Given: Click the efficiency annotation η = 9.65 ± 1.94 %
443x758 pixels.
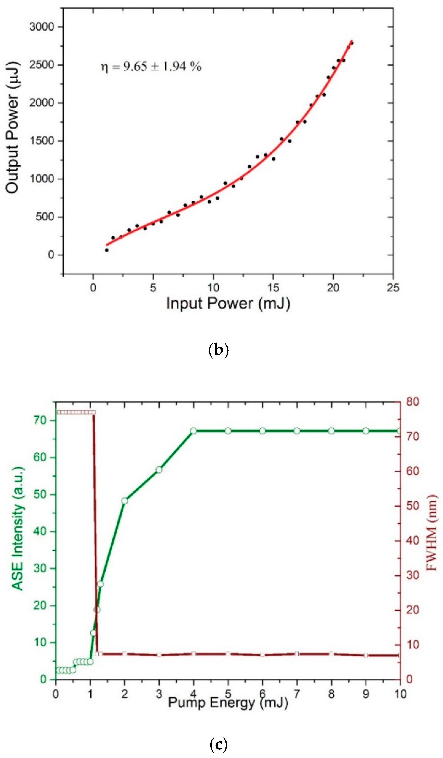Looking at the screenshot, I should click(151, 66).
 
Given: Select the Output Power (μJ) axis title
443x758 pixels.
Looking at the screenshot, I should click(13, 128).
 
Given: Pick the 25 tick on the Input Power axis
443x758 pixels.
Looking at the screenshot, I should click(393, 288).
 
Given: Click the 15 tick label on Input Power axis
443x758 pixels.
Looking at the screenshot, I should click(273, 288).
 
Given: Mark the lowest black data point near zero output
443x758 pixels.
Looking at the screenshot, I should click(107, 250).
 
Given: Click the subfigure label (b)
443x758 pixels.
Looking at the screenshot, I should click(218, 350).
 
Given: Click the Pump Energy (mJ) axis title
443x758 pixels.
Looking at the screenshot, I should click(228, 703).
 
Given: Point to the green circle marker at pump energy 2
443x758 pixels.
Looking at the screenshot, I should click(125, 501).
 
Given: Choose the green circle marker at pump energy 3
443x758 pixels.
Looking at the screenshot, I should click(159, 470).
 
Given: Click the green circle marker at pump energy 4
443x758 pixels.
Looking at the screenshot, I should click(193, 431).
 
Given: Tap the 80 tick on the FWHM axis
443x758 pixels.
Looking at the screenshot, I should click(412, 402).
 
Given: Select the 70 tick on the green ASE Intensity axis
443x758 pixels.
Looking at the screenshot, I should click(41, 420).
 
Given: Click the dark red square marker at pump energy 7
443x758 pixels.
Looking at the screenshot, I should click(297, 654).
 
